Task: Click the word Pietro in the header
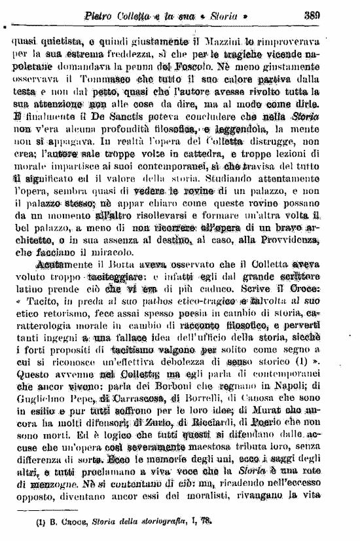102,15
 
